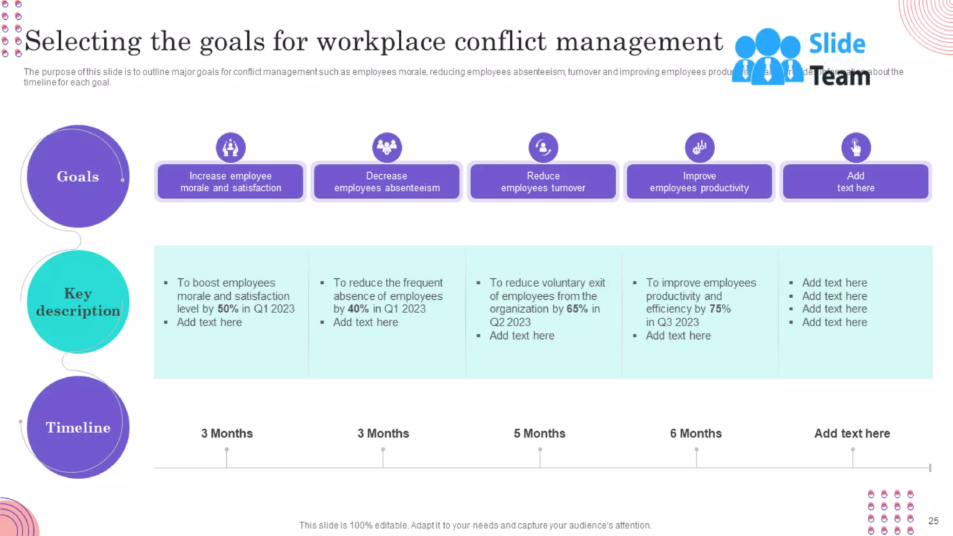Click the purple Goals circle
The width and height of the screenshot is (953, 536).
tap(78, 176)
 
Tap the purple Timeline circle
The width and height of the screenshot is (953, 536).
tap(78, 427)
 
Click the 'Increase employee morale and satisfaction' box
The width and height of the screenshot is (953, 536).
tap(230, 181)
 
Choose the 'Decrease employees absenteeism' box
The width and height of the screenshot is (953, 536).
tap(387, 181)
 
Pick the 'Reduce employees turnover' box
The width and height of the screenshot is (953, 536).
tap(543, 181)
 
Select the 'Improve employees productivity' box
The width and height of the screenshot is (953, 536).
tap(699, 181)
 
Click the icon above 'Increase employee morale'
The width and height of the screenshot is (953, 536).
tap(230, 147)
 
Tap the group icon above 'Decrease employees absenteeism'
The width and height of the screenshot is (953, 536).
tap(387, 147)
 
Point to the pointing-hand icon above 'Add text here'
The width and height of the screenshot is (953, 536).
tap(856, 147)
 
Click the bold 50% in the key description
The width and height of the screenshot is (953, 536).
tap(228, 309)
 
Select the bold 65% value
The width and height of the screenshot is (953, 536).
tap(577, 309)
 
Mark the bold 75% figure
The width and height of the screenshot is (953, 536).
tap(720, 309)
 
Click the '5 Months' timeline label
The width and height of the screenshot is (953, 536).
tap(539, 433)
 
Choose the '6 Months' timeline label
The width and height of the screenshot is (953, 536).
tap(696, 433)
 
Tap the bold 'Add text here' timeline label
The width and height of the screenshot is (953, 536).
tap(852, 433)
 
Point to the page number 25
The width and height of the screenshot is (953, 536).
tap(933, 521)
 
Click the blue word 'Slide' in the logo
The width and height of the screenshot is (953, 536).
tap(837, 44)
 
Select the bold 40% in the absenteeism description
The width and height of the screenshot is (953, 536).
tap(358, 309)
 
